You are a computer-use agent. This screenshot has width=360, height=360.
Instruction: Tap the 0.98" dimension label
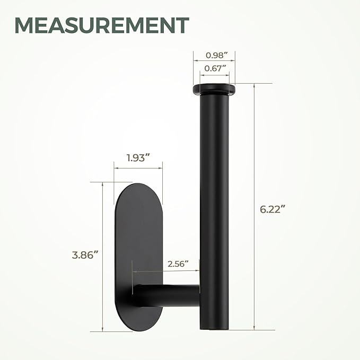click(x=214, y=55)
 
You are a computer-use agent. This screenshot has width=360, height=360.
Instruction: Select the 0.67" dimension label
click(x=214, y=67)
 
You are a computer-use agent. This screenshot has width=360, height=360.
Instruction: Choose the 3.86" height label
click(x=86, y=254)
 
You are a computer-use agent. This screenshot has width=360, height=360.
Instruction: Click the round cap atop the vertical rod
click(x=214, y=88)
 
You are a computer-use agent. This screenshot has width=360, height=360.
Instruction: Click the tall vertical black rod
click(x=214, y=212)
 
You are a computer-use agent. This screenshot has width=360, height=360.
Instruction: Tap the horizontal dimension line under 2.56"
click(x=166, y=271)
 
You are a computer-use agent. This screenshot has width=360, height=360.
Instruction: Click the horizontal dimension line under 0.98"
click(x=214, y=62)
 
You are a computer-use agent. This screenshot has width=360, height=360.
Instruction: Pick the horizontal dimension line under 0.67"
click(x=214, y=75)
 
